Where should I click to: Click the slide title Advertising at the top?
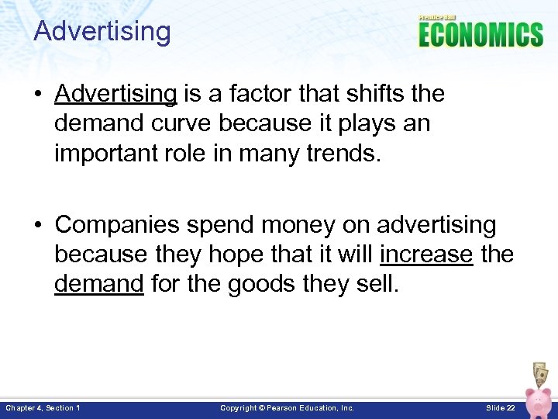(102, 32)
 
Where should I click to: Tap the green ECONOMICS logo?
(480, 35)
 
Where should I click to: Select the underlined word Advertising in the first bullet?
(116, 94)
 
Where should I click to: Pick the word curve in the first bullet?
(177, 123)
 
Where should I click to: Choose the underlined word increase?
(426, 255)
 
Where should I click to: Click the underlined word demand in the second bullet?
(99, 284)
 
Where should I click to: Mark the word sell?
(377, 284)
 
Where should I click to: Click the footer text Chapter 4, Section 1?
(43, 407)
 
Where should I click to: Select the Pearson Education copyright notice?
(287, 407)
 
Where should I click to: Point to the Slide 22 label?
(501, 407)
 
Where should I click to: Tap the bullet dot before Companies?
(39, 226)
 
